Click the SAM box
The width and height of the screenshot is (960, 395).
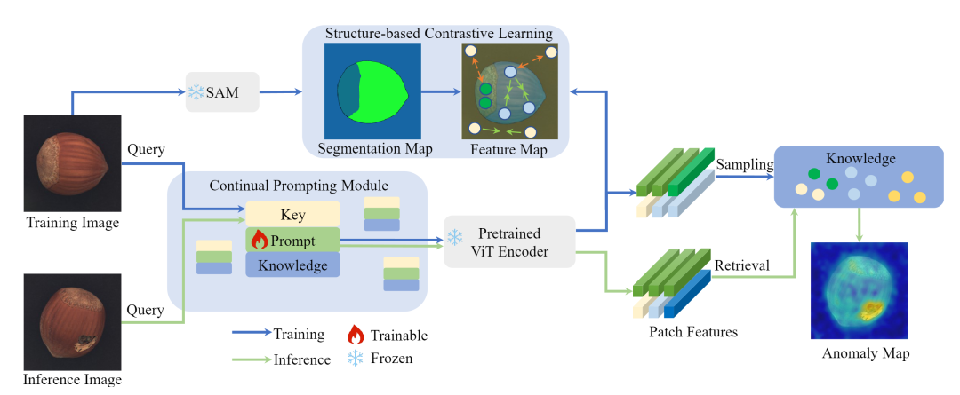click(x=222, y=91)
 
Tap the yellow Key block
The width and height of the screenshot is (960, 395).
click(x=292, y=214)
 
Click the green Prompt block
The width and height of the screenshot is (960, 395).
click(x=292, y=240)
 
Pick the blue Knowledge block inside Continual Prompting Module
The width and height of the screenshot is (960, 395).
click(x=292, y=265)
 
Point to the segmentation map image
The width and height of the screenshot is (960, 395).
click(x=372, y=91)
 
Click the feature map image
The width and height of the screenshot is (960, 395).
click(x=508, y=91)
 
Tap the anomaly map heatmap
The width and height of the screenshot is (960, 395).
click(x=859, y=291)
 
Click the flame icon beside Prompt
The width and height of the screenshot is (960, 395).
click(x=260, y=240)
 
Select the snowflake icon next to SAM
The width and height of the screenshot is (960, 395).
click(x=196, y=91)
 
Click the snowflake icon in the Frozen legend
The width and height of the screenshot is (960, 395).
click(x=356, y=359)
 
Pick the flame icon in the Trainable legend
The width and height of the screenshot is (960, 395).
click(x=356, y=335)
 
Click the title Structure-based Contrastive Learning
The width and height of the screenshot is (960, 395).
click(x=438, y=34)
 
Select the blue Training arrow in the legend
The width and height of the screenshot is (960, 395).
click(x=253, y=335)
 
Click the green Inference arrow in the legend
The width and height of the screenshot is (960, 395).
click(x=253, y=359)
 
